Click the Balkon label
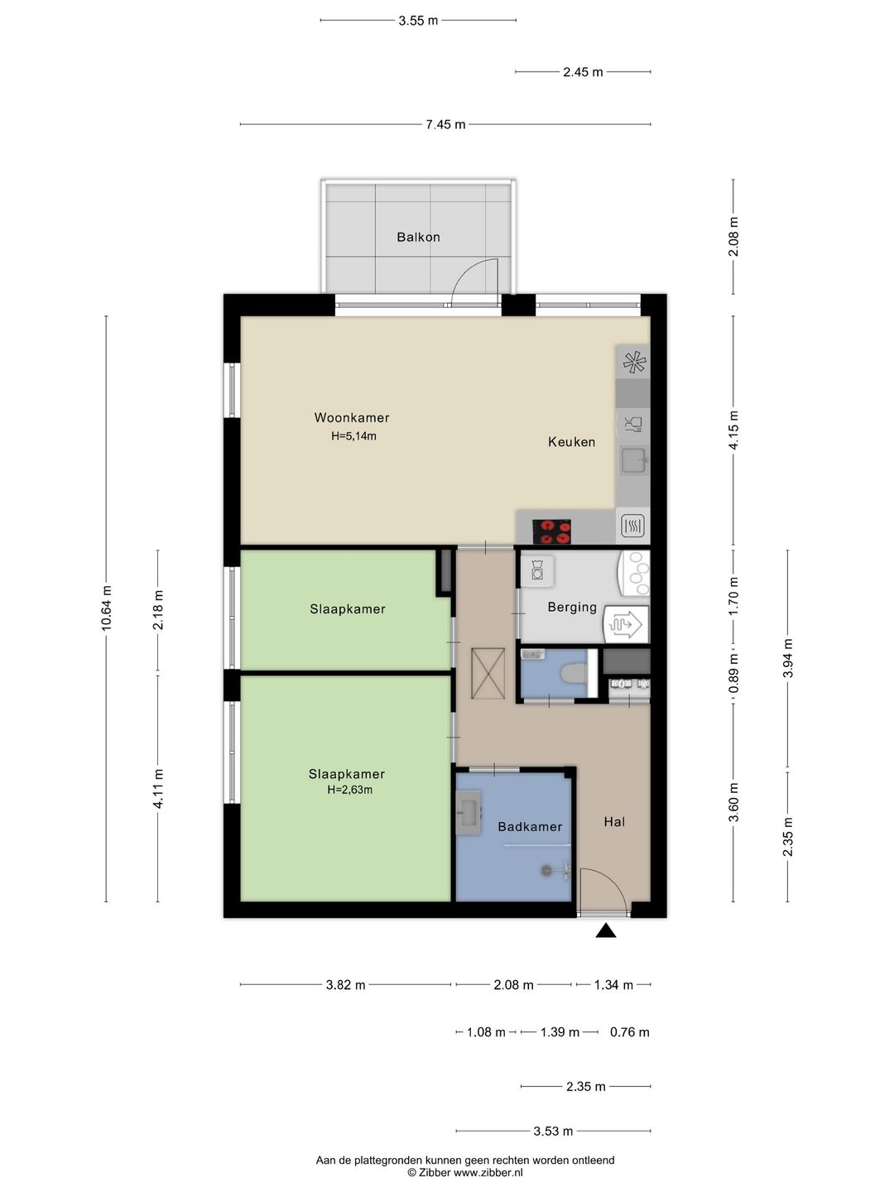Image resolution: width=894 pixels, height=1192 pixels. click(x=418, y=238)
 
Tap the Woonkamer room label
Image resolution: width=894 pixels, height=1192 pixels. click(x=352, y=417)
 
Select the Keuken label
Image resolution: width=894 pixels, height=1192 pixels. click(x=571, y=442)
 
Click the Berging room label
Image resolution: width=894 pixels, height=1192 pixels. click(x=572, y=607)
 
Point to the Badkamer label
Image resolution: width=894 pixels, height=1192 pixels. click(x=530, y=826)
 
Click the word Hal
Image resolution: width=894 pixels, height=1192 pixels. click(x=614, y=822)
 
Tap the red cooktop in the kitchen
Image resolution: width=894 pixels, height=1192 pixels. click(x=551, y=531)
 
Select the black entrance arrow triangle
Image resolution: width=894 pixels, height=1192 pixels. click(x=606, y=931)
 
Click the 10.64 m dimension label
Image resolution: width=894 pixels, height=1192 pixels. click(x=106, y=608)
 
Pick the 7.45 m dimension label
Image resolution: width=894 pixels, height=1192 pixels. click(x=445, y=124)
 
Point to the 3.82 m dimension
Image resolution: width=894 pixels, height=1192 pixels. click(x=345, y=984)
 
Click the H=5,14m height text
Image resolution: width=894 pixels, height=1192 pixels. click(x=353, y=435)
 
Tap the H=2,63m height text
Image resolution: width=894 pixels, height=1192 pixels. click(x=349, y=790)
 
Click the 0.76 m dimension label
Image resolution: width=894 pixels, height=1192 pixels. click(x=630, y=1031)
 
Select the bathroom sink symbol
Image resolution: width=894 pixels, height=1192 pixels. click(x=469, y=812)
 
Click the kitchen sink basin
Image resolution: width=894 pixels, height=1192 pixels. click(x=634, y=461)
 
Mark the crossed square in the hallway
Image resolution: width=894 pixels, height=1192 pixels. click(x=488, y=673)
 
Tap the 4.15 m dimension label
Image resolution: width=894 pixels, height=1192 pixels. click(x=733, y=430)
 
